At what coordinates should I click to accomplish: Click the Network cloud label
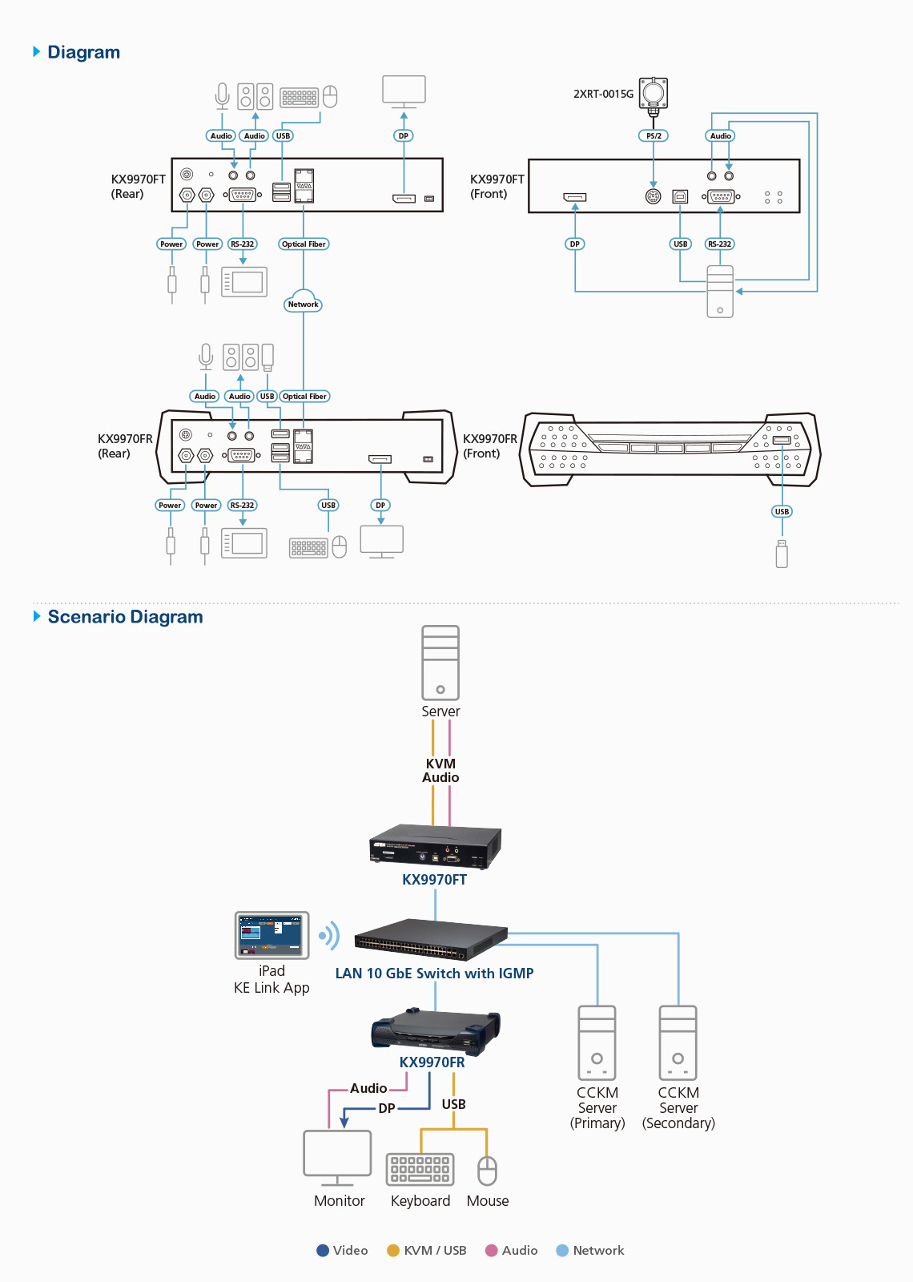pyautogui.click(x=303, y=304)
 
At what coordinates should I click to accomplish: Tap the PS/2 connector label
pyautogui.click(x=654, y=135)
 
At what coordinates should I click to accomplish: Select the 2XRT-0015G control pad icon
pyautogui.click(x=654, y=94)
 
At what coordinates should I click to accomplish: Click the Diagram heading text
pyautogui.click(x=83, y=52)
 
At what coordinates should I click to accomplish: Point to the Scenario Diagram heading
pyautogui.click(x=125, y=617)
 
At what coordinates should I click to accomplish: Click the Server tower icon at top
pyautogui.click(x=440, y=663)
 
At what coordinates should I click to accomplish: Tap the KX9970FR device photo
pyautogui.click(x=436, y=1031)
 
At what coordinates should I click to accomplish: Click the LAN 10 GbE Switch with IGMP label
pyautogui.click(x=434, y=974)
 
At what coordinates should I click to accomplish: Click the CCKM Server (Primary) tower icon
pyautogui.click(x=597, y=1042)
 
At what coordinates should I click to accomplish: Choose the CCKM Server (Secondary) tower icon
pyautogui.click(x=678, y=1042)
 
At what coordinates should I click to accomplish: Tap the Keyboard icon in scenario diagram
pyautogui.click(x=420, y=1169)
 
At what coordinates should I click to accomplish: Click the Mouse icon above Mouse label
pyautogui.click(x=487, y=1171)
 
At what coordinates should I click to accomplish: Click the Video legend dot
pyautogui.click(x=323, y=1251)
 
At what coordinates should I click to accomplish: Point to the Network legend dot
pyautogui.click(x=562, y=1251)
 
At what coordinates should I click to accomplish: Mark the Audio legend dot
pyautogui.click(x=492, y=1251)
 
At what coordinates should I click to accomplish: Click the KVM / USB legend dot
pyautogui.click(x=393, y=1251)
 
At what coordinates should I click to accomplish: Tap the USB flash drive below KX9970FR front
pyautogui.click(x=782, y=554)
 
